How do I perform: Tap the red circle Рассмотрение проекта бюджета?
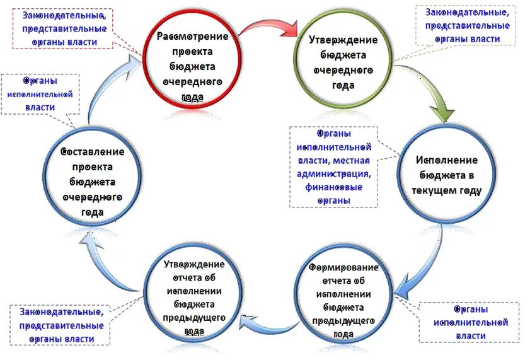click(x=192, y=59)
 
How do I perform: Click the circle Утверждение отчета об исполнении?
click(x=193, y=296)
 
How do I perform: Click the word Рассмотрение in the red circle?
click(x=192, y=36)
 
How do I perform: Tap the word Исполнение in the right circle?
click(x=446, y=160)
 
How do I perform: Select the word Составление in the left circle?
click(x=93, y=152)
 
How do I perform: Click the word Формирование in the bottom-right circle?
click(x=343, y=267)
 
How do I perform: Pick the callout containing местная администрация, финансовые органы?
click(x=334, y=167)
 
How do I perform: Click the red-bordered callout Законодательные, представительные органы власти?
click(x=64, y=28)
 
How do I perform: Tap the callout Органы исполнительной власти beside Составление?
click(x=40, y=94)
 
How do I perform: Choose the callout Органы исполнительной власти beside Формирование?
click(x=470, y=322)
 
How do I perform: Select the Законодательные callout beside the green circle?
click(x=467, y=26)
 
